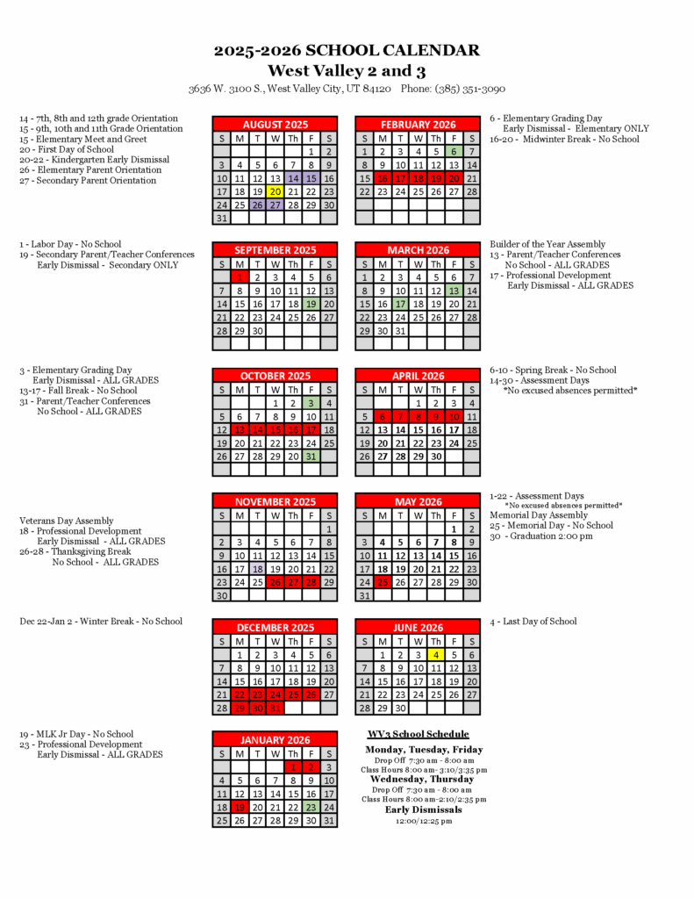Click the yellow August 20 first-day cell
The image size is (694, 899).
point(275,191)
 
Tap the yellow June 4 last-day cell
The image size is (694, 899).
point(435,654)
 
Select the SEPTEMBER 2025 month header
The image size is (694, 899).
point(275,250)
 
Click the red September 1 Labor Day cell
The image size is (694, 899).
point(239,277)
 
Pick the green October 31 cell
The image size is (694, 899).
point(311,457)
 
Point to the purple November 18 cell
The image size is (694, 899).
point(257,569)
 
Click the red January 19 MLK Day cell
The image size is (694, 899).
point(239,808)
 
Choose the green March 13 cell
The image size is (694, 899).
point(454,291)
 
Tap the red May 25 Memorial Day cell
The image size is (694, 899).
point(382,582)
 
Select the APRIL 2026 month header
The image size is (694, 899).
point(418,376)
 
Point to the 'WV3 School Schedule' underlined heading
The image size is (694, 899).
point(418,734)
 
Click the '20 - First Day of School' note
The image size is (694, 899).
point(67,149)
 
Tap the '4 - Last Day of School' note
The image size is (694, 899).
point(533,622)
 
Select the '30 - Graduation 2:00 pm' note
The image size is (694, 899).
point(540,536)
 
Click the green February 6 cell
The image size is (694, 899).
point(454,152)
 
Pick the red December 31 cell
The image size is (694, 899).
point(275,708)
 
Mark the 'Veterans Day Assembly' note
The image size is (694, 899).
point(67,521)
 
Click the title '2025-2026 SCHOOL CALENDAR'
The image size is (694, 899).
point(347,51)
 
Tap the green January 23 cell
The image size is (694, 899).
point(311,808)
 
